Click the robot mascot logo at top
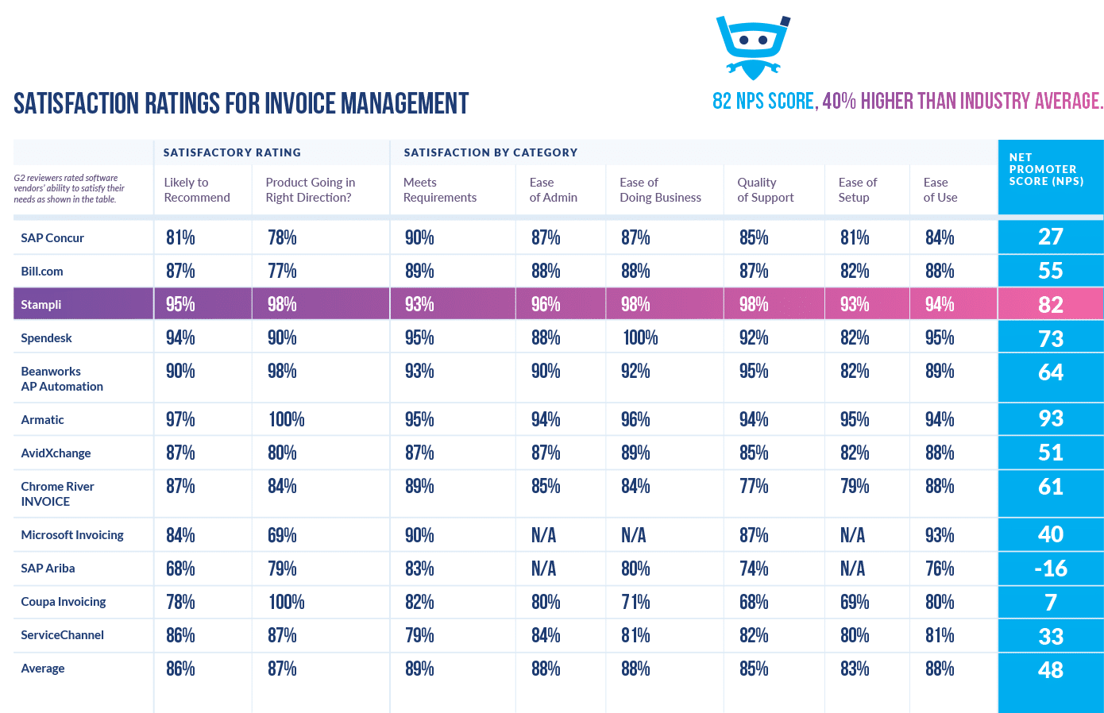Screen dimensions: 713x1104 pyautogui.click(x=752, y=47)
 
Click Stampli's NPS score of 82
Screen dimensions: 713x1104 pyautogui.click(x=1050, y=305)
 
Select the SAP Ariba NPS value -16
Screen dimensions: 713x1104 pyautogui.click(x=1050, y=568)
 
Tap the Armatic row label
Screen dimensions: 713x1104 pyautogui.click(x=43, y=420)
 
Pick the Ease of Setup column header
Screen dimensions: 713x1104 pyautogui.click(x=857, y=190)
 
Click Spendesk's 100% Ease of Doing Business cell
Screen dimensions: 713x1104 pyautogui.click(x=640, y=338)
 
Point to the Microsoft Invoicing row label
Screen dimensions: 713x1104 pyautogui.click(x=72, y=535)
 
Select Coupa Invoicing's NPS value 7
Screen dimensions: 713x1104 pyautogui.click(x=1050, y=603)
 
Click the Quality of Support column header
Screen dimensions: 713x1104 pyautogui.click(x=765, y=190)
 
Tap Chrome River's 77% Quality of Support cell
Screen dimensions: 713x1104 pyautogui.click(x=754, y=487)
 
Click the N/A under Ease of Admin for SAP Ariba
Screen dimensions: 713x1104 pyautogui.click(x=543, y=568)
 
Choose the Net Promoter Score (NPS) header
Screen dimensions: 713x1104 pyautogui.click(x=1045, y=169)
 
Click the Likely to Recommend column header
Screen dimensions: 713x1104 pyautogui.click(x=197, y=190)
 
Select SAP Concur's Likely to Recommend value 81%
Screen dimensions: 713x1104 pyautogui.click(x=180, y=238)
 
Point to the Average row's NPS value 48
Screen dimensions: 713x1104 pyautogui.click(x=1050, y=670)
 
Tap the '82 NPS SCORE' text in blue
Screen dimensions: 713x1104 pyautogui.click(x=763, y=102)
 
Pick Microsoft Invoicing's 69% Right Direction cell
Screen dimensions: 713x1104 pyautogui.click(x=282, y=535)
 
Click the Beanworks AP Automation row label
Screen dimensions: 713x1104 pyautogui.click(x=61, y=379)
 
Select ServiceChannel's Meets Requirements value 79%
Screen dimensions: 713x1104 pyautogui.click(x=419, y=636)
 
